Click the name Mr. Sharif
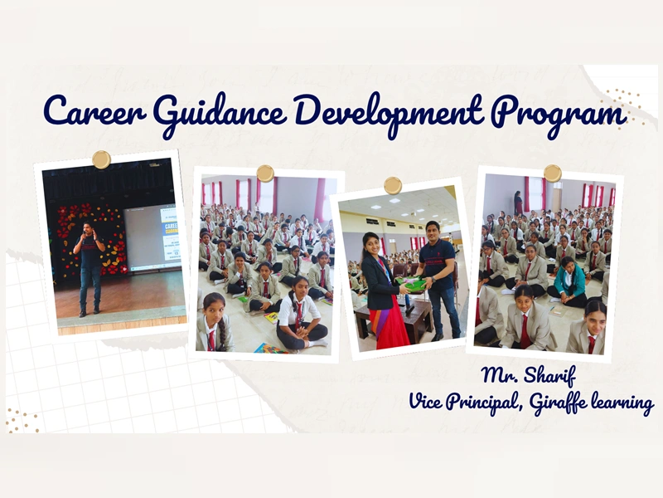point(529,376)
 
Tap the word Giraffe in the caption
point(558,403)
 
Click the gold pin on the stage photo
point(101,159)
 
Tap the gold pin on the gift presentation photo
point(393,185)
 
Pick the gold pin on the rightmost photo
point(553,173)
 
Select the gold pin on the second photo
point(265,173)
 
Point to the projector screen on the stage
point(152,239)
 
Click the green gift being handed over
point(410,284)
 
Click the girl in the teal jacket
point(569,281)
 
